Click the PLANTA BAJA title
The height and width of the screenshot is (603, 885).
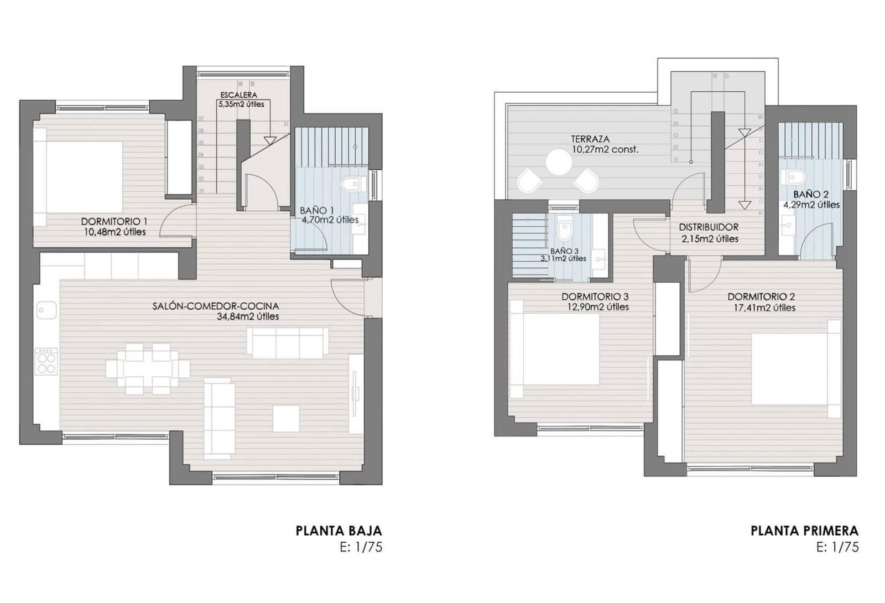pyautogui.click(x=339, y=531)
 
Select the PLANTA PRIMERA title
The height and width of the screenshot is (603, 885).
pyautogui.click(x=804, y=531)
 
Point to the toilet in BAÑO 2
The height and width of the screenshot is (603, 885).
pyautogui.click(x=794, y=177)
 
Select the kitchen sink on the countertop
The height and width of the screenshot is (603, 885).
pyautogui.click(x=46, y=310)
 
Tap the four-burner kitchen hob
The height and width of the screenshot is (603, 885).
pyautogui.click(x=46, y=361)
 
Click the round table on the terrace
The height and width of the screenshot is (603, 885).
pyautogui.click(x=559, y=163)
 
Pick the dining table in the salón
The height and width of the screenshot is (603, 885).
pyautogui.click(x=147, y=368)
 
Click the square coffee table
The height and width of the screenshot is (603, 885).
pyautogui.click(x=286, y=419)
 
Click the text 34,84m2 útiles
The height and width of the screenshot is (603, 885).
pyautogui.click(x=248, y=317)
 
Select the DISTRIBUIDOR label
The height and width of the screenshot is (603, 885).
pyautogui.click(x=709, y=227)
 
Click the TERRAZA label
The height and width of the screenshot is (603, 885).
pyautogui.click(x=590, y=139)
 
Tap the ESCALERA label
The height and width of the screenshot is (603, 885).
pyautogui.click(x=238, y=95)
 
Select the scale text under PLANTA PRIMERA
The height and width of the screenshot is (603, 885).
pyautogui.click(x=837, y=547)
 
